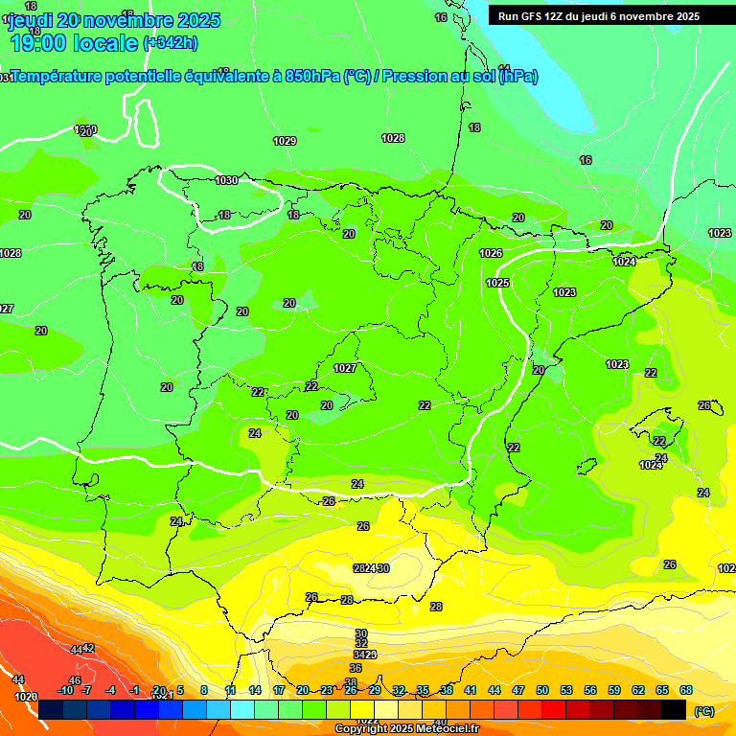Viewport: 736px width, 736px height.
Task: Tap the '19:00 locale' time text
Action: pos(74,42)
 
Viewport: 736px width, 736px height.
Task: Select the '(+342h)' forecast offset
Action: pos(170,42)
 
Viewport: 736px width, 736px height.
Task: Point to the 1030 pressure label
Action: pos(226,180)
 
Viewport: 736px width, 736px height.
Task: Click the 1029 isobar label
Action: pos(285,141)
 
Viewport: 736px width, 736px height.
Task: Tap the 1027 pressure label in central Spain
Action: pos(345,368)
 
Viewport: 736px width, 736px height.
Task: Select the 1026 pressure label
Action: pos(492,253)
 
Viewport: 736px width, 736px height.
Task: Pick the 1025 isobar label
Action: pos(497,283)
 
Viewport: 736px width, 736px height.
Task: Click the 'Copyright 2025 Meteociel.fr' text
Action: pos(407,729)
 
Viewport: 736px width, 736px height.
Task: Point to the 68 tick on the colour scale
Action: pos(686,690)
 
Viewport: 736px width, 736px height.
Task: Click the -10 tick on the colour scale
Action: pos(65,690)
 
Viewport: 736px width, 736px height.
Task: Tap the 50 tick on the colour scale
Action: pos(542,690)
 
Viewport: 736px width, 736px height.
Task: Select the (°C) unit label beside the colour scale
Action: pos(704,711)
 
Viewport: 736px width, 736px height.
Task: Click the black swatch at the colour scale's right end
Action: pos(674,709)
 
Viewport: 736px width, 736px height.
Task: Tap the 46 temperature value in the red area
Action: pos(75,680)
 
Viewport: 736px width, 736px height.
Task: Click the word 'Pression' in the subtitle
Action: pos(413,77)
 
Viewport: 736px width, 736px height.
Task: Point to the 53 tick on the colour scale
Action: pos(566,690)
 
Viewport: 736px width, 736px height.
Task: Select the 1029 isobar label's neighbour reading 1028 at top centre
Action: pos(393,138)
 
